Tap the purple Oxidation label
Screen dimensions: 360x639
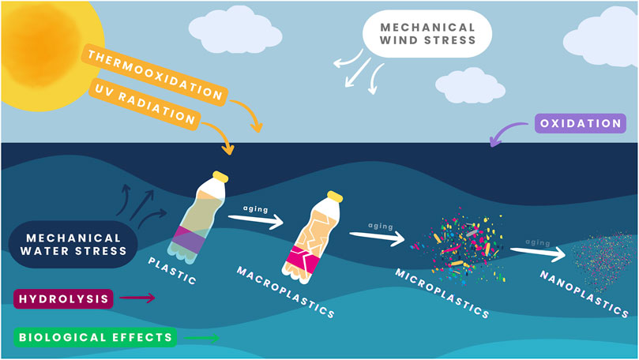pyautogui.click(x=581, y=124)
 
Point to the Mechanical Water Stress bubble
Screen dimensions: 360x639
pyautogui.click(x=73, y=244)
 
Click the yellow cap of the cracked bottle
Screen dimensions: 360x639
pyautogui.click(x=336, y=194)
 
